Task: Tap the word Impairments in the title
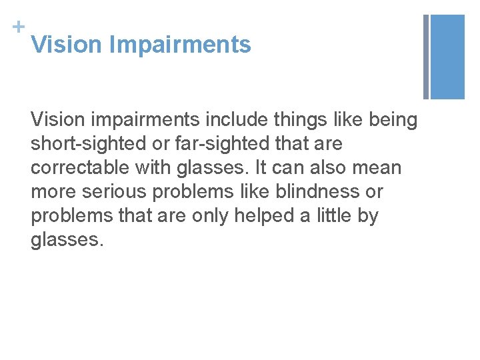click(180, 45)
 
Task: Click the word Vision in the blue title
click(67, 45)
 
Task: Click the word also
click(311, 168)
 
